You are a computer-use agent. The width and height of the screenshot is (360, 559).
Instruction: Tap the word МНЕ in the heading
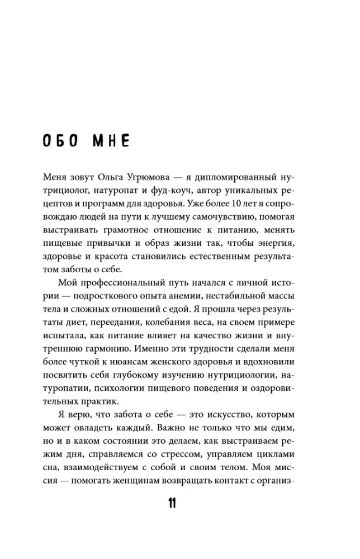tap(110, 140)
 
